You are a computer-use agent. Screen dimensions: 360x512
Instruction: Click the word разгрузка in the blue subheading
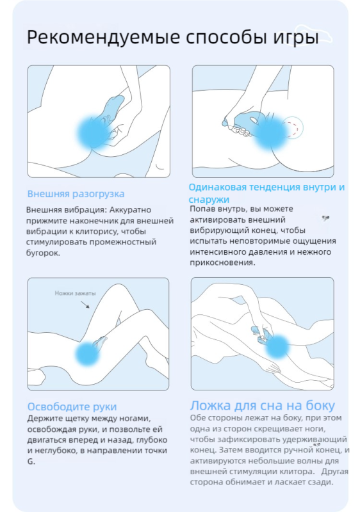click(99, 194)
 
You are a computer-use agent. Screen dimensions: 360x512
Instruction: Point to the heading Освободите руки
click(72, 406)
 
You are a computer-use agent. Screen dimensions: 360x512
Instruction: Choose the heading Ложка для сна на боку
click(263, 405)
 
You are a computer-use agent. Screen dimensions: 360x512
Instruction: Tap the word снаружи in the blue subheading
click(209, 199)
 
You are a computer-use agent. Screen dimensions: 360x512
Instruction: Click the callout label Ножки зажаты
click(76, 293)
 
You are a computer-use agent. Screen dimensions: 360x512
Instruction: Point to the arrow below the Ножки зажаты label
click(85, 305)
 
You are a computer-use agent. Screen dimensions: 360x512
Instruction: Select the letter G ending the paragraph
click(29, 461)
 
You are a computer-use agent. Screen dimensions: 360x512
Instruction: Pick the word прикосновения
click(221, 263)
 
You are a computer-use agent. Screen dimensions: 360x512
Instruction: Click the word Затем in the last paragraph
click(231, 450)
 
